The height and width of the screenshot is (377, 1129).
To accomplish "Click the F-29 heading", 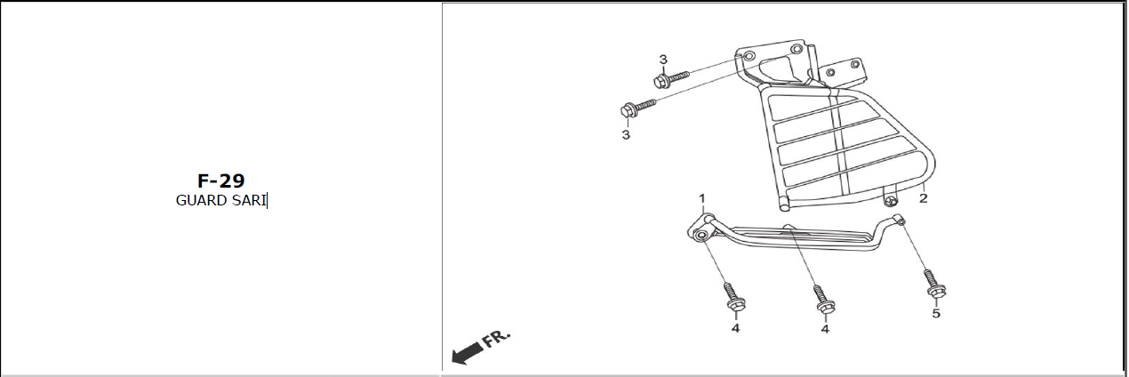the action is point(220,180).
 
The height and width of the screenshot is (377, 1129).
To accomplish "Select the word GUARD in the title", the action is point(201,201).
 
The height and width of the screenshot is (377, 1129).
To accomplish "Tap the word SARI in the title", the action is point(249,201).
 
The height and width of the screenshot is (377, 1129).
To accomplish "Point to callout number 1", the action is point(702,198).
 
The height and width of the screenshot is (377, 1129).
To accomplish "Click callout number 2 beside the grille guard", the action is point(923,198).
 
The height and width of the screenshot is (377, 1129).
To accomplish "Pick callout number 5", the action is point(936,314).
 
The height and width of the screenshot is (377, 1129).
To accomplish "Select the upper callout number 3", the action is point(663,60).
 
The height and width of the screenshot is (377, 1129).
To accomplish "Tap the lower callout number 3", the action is point(626,135).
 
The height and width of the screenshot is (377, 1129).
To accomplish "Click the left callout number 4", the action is point(735,328).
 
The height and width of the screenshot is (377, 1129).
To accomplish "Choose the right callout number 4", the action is point(825,329).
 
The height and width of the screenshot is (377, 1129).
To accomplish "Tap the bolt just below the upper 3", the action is point(670,79).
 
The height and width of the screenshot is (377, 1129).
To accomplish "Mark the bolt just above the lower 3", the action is point(637,108).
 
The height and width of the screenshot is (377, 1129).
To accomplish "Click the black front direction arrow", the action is point(468,353).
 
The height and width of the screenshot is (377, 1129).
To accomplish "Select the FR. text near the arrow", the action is point(496,339).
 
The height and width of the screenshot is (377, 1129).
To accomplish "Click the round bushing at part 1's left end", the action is point(700,236).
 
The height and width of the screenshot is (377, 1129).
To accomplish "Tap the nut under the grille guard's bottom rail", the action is point(890,202).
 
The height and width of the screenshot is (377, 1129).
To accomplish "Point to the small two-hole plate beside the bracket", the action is point(844,70).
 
